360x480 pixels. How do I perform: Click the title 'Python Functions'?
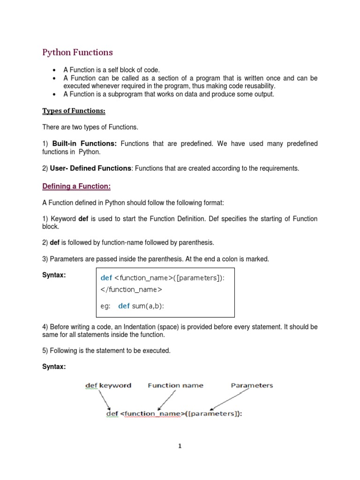[x=78, y=52]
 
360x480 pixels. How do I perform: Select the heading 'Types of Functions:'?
[x=74, y=111]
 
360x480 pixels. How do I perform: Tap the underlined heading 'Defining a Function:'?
[x=76, y=186]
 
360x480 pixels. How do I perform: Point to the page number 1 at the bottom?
[x=180, y=446]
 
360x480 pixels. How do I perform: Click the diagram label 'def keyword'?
[x=108, y=385]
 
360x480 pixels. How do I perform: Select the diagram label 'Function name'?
[x=175, y=385]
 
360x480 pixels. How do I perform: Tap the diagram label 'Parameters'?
[x=252, y=385]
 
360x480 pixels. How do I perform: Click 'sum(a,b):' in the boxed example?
[x=148, y=306]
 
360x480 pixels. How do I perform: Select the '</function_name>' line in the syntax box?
[x=131, y=289]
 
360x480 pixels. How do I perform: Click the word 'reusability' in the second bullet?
[x=257, y=86]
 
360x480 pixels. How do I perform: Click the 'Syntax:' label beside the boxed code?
[x=54, y=275]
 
